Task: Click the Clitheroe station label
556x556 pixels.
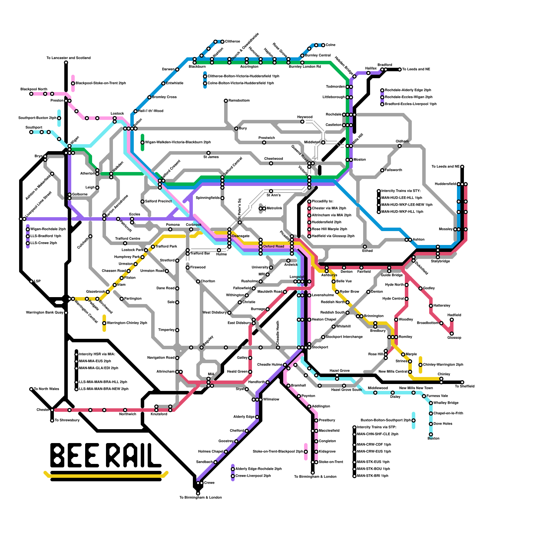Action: click(232, 42)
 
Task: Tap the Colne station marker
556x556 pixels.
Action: click(323, 45)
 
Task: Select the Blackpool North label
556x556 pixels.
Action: click(34, 89)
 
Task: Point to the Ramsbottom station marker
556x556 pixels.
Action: click(226, 101)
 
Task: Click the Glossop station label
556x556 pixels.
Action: click(454, 338)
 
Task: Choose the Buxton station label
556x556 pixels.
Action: click(433, 439)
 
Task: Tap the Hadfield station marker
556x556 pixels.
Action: click(452, 320)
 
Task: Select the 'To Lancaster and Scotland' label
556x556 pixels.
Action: click(68, 58)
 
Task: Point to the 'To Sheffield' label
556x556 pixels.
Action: click(465, 386)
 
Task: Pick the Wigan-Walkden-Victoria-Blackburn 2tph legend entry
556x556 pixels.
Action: click(178, 142)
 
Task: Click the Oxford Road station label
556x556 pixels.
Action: click(273, 247)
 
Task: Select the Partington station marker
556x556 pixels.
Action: click(122, 299)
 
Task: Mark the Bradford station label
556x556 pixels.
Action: click(385, 65)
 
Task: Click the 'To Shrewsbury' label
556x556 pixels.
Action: click(67, 420)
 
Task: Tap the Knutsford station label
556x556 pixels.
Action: click(159, 414)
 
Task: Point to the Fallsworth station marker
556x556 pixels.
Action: click(382, 170)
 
